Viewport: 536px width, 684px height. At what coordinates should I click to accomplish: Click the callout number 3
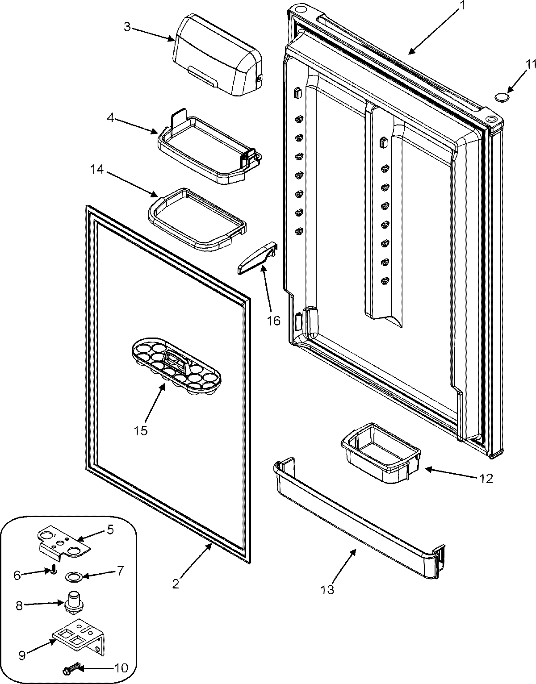127,27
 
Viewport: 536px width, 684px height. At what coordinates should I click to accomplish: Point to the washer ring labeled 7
71,576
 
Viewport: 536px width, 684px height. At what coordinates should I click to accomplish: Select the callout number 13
327,589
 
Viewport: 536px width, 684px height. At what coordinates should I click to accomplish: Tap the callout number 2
176,583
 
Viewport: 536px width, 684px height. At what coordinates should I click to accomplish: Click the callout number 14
97,170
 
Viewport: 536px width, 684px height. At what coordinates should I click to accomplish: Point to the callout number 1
463,6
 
